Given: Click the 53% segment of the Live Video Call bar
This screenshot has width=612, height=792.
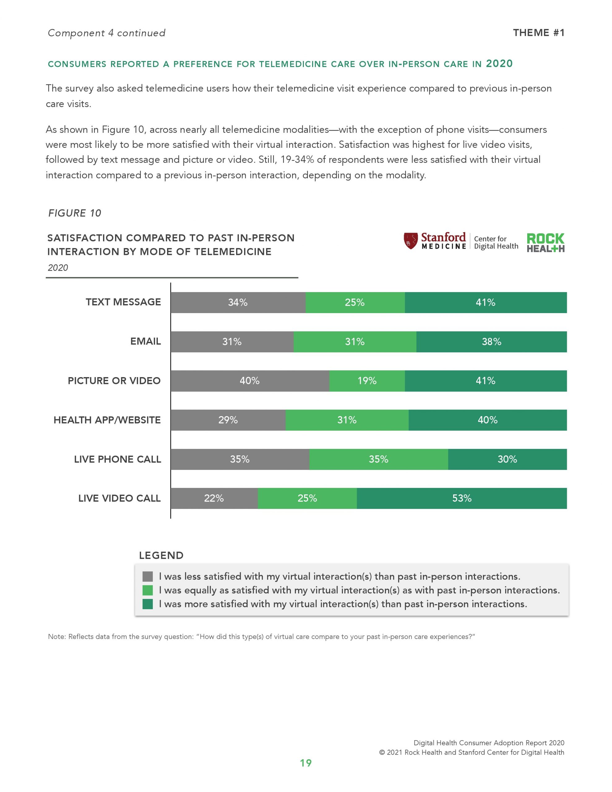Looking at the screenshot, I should tap(461, 498).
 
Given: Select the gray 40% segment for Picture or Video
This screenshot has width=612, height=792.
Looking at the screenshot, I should tap(250, 381).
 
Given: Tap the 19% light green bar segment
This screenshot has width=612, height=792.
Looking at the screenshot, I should tap(367, 381).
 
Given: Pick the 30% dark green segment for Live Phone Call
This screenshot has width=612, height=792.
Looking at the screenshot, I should tap(507, 459).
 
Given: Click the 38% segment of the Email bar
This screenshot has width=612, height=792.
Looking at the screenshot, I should tap(491, 342).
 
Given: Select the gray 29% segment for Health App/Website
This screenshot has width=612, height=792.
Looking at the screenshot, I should tap(228, 420).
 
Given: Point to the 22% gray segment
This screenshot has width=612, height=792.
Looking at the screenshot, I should tap(214, 498).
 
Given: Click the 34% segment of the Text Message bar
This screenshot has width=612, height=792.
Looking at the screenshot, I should tap(238, 303).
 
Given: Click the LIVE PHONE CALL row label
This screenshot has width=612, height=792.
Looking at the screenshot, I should tap(118, 459).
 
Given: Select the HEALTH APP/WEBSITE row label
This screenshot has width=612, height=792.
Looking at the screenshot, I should tap(107, 420).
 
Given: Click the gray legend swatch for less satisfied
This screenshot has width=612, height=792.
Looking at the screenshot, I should tap(148, 576).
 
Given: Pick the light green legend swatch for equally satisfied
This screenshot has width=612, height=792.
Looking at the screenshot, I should tap(148, 590).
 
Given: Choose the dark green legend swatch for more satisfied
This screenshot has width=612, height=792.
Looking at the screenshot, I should tap(148, 604).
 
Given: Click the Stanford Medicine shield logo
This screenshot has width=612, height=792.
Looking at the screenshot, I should tap(411, 241).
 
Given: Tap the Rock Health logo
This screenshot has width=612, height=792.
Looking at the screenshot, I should tap(545, 243).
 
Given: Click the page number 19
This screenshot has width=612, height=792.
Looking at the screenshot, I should tap(306, 763).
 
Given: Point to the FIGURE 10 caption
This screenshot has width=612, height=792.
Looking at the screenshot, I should tap(75, 213).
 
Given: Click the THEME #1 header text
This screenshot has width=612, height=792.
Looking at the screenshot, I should tap(539, 33).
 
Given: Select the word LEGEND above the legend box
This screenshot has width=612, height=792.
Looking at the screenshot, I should tap(162, 556).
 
